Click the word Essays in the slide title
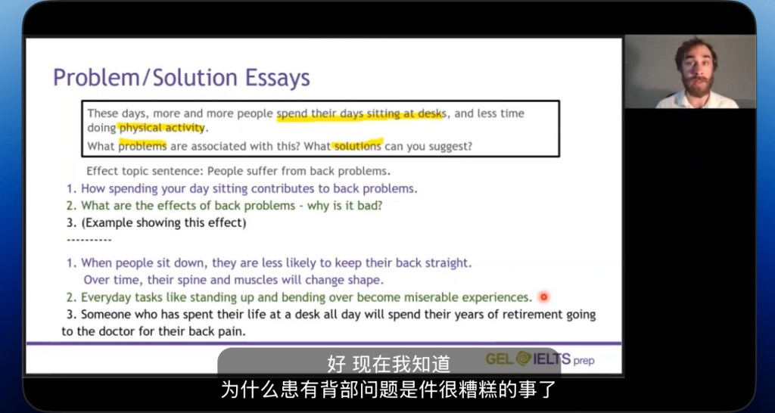click(277, 78)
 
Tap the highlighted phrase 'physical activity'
click(162, 128)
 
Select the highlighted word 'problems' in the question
click(142, 146)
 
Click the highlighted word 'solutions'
click(358, 146)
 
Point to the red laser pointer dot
click(543, 297)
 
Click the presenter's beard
click(699, 86)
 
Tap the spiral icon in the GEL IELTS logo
click(524, 359)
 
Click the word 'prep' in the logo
click(584, 361)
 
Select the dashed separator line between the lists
click(89, 240)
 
